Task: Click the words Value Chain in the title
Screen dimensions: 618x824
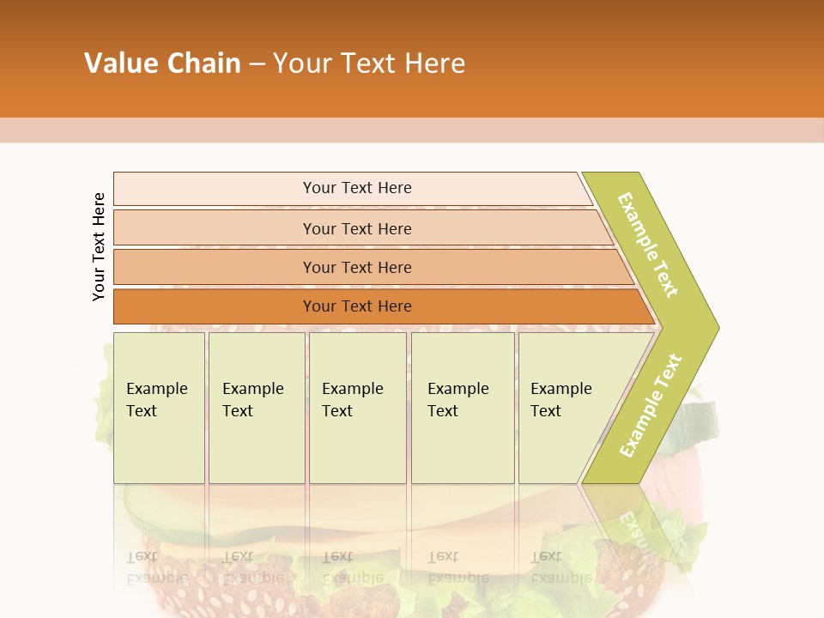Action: [x=162, y=64]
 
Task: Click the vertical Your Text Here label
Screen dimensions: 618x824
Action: [x=99, y=246]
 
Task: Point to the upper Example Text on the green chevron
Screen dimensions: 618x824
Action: [x=648, y=245]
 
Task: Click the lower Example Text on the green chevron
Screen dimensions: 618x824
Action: [x=651, y=406]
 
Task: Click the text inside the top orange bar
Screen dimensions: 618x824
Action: [x=357, y=188]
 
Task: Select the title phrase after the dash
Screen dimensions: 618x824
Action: [x=369, y=64]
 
